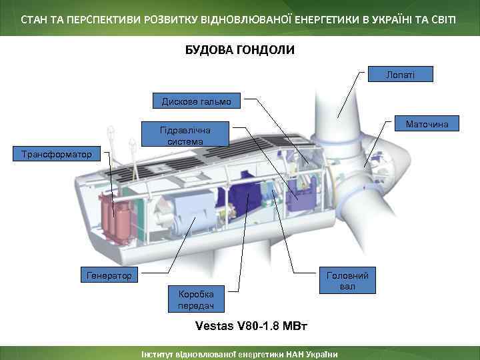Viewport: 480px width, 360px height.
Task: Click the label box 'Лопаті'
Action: pyautogui.click(x=400, y=75)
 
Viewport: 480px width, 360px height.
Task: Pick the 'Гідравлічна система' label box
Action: pyautogui.click(x=186, y=135)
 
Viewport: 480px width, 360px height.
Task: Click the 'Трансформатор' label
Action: pyautogui.click(x=57, y=155)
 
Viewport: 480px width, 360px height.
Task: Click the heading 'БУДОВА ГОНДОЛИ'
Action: pyautogui.click(x=239, y=50)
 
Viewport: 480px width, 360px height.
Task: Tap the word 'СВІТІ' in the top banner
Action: pyautogui.click(x=444, y=18)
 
